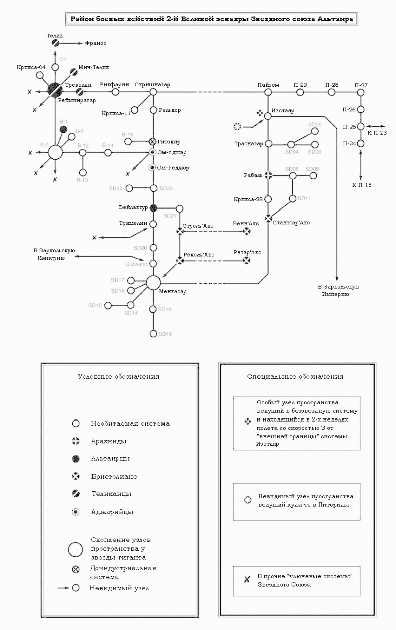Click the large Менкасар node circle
coord(153,282)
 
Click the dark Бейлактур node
coord(153,207)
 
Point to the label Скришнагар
coord(152,85)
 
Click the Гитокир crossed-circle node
coord(153,142)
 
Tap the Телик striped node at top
coord(56,44)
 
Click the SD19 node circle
coord(153,333)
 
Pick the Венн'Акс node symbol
coord(246,231)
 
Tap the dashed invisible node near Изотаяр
coord(237,126)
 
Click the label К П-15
coord(361,185)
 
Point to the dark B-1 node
coord(63,129)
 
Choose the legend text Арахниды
coord(108,441)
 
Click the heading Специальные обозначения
coord(295,376)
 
